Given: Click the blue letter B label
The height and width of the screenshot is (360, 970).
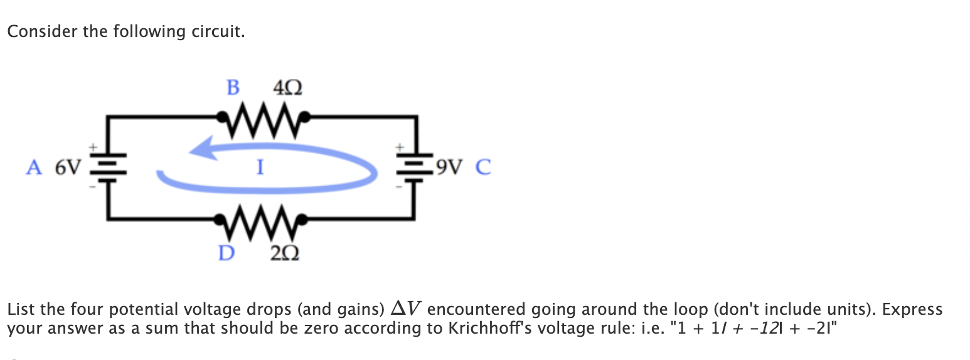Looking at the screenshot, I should pos(233,88).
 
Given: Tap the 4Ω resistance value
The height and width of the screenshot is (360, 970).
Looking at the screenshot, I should pos(288,88).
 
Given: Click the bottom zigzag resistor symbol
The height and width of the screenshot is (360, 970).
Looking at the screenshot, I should pos(262,218).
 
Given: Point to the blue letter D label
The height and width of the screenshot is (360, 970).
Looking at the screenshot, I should pos(226,253).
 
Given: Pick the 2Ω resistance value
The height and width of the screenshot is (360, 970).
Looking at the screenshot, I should pos(284,253).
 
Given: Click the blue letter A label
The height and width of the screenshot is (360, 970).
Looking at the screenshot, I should pos(35,167).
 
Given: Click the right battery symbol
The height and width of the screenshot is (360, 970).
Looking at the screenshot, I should pos(413,167).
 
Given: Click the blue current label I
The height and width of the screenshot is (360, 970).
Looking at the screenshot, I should pos(258,167).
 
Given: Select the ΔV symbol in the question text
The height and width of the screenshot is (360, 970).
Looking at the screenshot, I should pos(406,309).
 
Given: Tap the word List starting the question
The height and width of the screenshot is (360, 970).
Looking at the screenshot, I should pos(21,309).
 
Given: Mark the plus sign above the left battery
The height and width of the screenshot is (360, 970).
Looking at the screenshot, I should pos(93,146).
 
